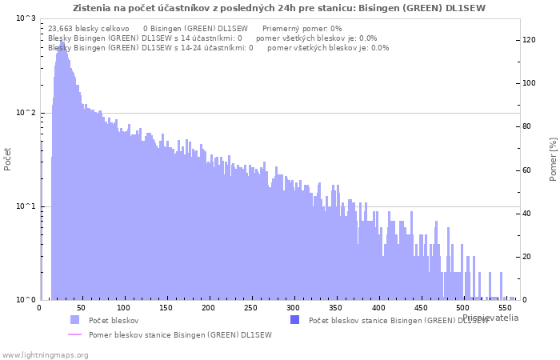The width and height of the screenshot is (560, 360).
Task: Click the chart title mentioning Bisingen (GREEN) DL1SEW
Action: coord(278,8)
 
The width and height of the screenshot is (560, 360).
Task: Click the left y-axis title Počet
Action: coord(8,158)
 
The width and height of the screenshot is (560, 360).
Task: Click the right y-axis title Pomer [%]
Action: coord(553,158)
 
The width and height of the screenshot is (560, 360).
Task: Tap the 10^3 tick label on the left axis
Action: coord(26,18)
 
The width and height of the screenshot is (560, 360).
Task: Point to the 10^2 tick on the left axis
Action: coord(26,113)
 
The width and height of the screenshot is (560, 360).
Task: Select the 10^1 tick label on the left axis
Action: coord(26,206)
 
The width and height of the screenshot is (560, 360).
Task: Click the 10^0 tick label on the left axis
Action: coord(26,300)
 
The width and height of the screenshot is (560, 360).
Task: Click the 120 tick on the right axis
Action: coord(529,40)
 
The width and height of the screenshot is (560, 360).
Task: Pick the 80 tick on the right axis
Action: coord(526,126)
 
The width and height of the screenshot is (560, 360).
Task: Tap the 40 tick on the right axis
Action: coord(526,214)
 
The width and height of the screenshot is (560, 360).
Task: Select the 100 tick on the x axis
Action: coord(122,308)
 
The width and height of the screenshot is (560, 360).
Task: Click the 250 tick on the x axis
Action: coord(250,308)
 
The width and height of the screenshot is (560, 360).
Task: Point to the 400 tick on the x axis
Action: coord(378,308)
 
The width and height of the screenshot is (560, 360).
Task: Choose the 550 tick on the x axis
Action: coord(506,308)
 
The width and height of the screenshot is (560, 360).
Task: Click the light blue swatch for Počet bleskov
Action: coord(75,320)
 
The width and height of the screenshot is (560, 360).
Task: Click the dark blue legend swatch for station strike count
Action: coord(294,320)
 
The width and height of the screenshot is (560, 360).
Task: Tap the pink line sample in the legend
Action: coord(75,334)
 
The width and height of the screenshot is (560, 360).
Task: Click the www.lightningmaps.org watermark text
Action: coord(45,354)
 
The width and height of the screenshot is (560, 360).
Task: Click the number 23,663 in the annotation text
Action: coord(61,28)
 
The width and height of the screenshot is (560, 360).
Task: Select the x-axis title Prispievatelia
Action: coord(490,318)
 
